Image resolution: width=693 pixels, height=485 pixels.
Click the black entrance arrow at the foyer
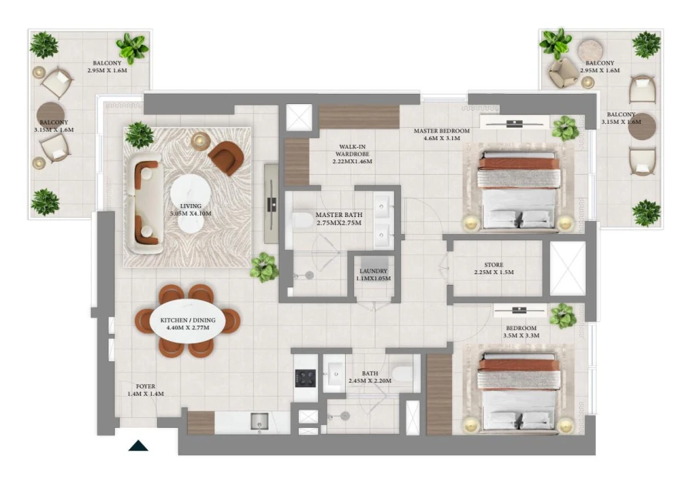point(138,444)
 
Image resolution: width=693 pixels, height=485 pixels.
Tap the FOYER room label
point(146,390)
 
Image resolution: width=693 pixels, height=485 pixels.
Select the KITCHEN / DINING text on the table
point(188,323)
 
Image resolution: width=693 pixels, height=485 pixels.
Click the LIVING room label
point(189,210)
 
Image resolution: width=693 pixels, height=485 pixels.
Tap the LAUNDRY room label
point(373,274)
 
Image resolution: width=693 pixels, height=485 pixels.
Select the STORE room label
point(494,268)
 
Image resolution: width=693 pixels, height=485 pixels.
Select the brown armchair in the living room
point(225,158)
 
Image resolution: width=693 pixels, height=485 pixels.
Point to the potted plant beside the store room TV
point(563,316)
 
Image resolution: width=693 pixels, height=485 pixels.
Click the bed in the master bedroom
point(517,189)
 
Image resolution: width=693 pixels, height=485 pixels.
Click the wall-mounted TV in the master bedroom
point(514,122)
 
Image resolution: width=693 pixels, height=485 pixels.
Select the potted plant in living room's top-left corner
point(139,135)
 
